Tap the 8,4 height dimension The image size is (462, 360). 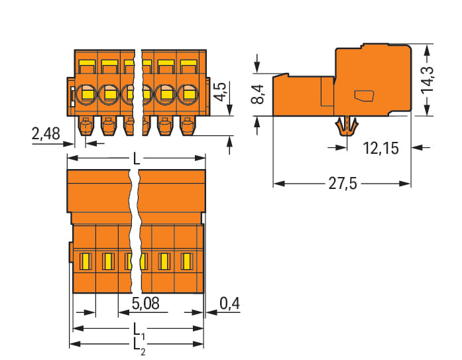[259, 94]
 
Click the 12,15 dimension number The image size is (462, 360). [380, 149]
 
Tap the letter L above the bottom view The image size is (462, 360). [137, 159]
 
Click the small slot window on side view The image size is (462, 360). [364, 95]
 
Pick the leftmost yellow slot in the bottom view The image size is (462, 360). [84, 261]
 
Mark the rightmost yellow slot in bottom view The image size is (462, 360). [186, 261]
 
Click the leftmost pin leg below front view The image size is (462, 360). [85, 125]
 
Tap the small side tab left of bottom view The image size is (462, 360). [70, 252]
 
